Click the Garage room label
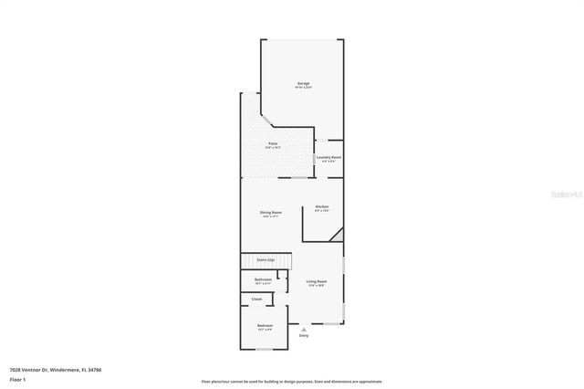tap(303, 83)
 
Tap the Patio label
tap(273, 143)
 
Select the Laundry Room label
tap(329, 157)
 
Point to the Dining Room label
tap(272, 212)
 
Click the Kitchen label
tap(322, 206)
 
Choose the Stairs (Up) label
tap(266, 260)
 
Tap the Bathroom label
tap(263, 279)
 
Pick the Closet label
tap(256, 300)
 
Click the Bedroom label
tap(265, 326)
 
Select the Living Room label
tap(317, 281)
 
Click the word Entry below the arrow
tap(304, 336)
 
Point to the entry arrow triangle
tap(304, 330)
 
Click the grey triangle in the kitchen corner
tap(337, 236)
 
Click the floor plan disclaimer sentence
tap(292, 381)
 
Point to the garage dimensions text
tap(303, 88)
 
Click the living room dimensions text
tap(317, 286)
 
